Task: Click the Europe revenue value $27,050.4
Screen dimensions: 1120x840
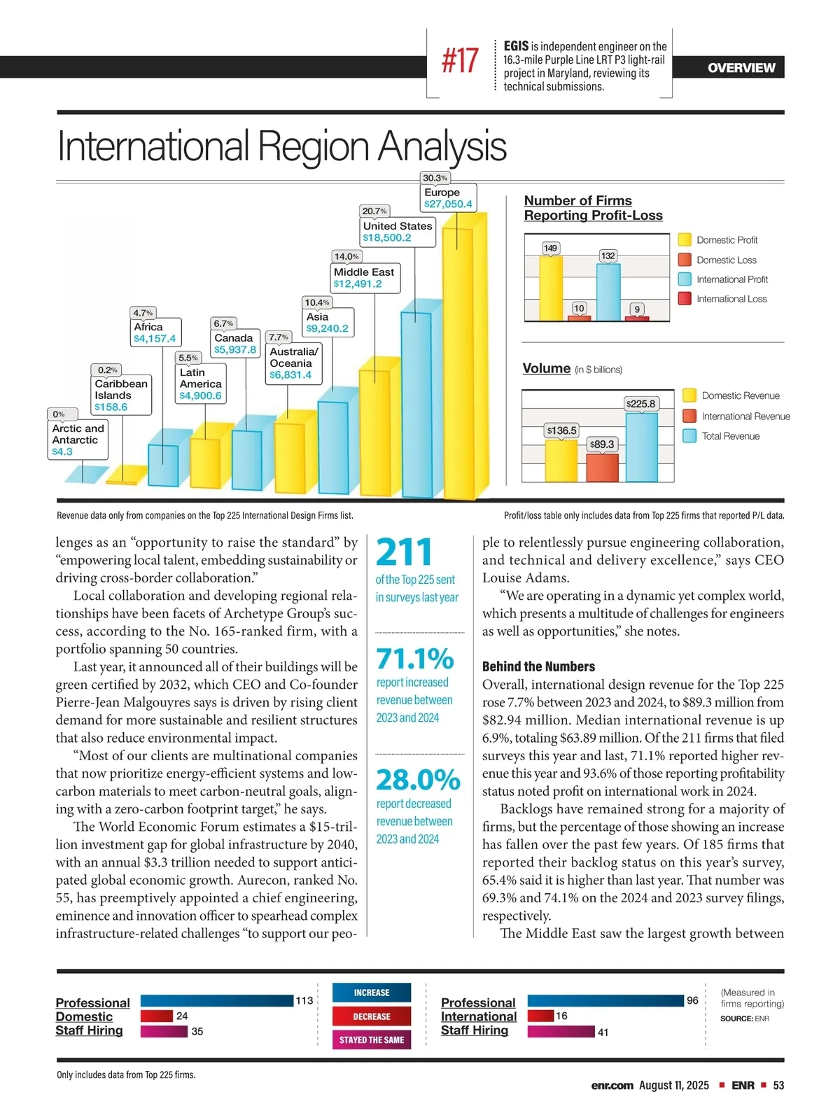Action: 448,204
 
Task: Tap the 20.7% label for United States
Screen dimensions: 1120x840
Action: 374,211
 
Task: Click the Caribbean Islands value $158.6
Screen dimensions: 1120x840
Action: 111,407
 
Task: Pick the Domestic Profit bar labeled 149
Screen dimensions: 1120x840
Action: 550,287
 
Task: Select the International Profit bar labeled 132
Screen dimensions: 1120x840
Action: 608,291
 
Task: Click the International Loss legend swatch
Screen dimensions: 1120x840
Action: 685,299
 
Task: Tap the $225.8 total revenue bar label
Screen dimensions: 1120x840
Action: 640,404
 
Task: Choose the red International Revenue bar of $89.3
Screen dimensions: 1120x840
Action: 602,467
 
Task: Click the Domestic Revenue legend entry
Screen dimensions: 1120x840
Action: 740,395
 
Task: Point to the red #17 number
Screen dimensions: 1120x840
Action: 460,61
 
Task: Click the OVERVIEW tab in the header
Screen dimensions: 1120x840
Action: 741,68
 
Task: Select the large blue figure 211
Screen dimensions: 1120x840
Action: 404,552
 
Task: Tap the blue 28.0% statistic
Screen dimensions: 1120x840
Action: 418,779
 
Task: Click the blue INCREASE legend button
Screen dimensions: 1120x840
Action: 372,993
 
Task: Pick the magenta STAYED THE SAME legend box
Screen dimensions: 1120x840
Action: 372,1039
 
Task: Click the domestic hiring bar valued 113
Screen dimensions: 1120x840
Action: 216,1001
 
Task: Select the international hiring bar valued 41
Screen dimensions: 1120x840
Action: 561,1032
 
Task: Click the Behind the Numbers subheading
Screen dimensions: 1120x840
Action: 538,666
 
